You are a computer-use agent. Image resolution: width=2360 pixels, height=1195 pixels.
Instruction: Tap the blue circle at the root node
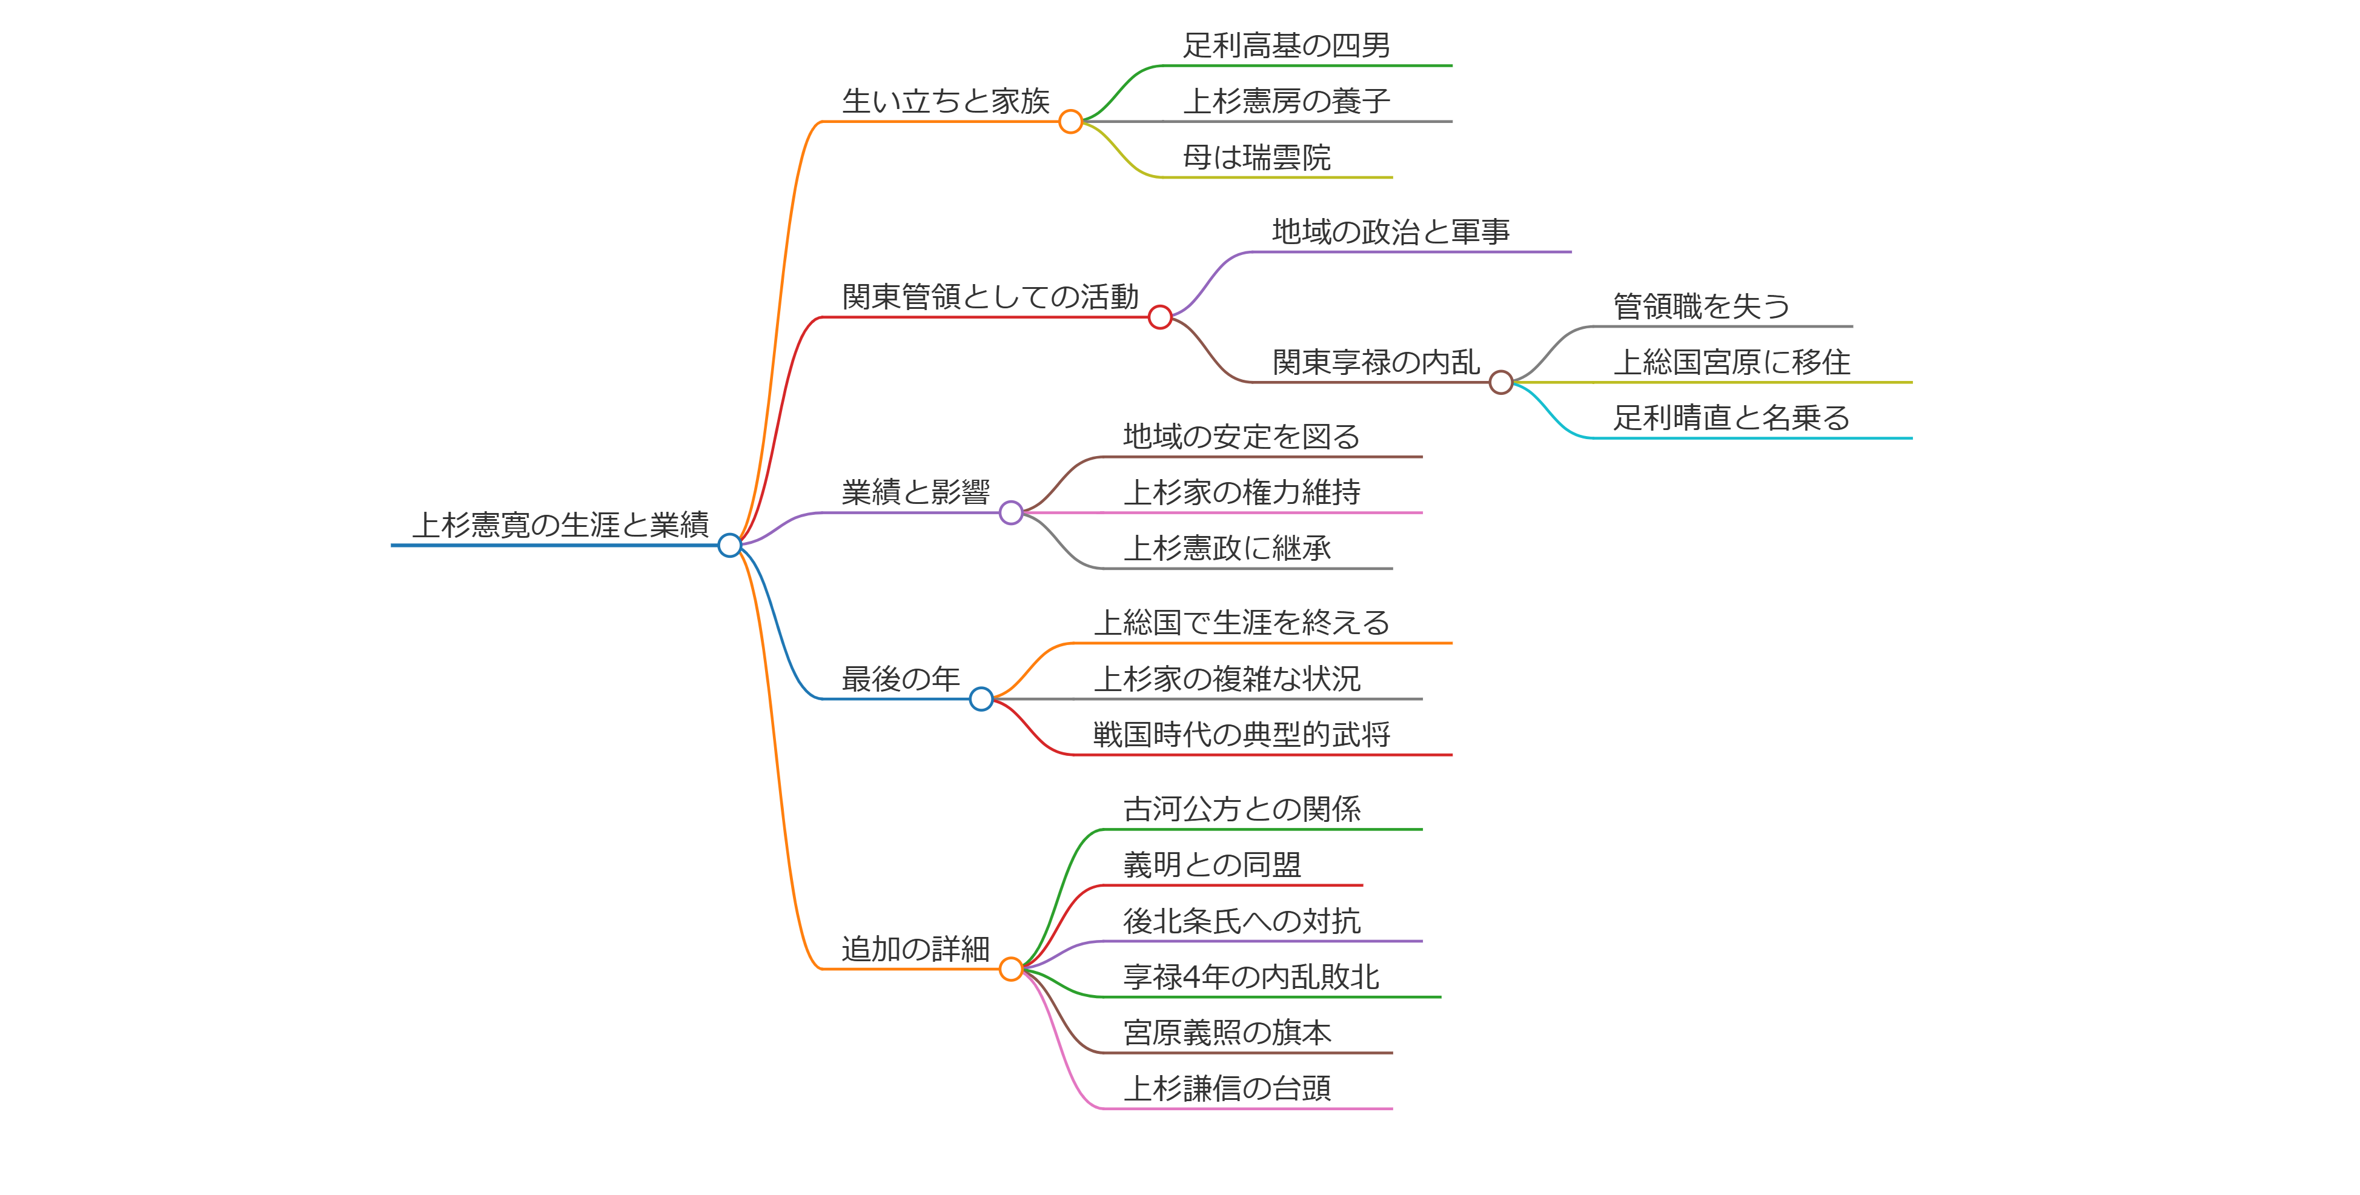(729, 546)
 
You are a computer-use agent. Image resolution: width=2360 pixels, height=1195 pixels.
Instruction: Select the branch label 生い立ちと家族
(946, 101)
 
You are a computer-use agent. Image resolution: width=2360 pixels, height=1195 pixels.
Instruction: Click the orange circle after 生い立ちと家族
(1070, 122)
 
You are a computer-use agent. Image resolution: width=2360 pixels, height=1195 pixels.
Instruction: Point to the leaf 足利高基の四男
(1286, 45)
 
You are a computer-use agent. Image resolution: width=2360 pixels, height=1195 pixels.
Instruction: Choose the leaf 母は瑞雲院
(1256, 157)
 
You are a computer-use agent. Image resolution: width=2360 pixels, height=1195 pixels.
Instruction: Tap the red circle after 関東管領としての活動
(1160, 318)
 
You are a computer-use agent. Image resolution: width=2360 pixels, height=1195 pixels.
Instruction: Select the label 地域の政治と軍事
(1391, 232)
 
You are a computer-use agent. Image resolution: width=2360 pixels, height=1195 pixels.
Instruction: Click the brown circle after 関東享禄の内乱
(1500, 383)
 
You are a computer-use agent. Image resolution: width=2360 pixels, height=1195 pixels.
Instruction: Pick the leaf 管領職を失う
(1702, 306)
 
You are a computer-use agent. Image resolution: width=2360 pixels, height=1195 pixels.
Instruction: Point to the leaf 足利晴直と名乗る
(1731, 417)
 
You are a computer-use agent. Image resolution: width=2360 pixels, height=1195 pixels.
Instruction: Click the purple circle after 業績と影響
(1010, 513)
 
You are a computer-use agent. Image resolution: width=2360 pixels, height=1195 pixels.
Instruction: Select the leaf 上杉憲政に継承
(1227, 548)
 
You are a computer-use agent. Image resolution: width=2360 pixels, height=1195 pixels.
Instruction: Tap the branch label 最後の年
(901, 678)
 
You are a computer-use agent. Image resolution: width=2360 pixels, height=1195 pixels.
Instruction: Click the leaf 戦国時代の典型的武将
(1241, 735)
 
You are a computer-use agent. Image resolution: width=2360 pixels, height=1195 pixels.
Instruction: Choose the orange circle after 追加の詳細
(1010, 969)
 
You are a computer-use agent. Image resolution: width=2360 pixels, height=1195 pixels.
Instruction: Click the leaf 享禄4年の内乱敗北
(1250, 977)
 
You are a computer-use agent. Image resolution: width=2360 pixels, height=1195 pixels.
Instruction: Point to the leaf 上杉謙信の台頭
(1227, 1089)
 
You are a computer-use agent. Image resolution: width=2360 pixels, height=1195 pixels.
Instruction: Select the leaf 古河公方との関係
(1241, 809)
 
